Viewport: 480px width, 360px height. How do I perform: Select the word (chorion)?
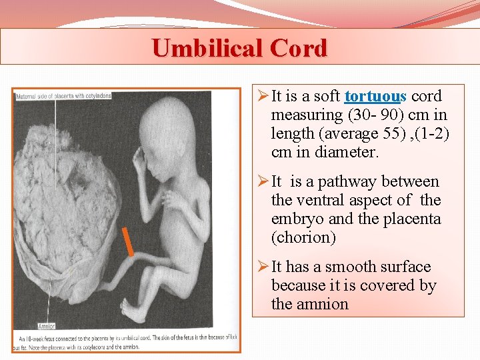point(303,238)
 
